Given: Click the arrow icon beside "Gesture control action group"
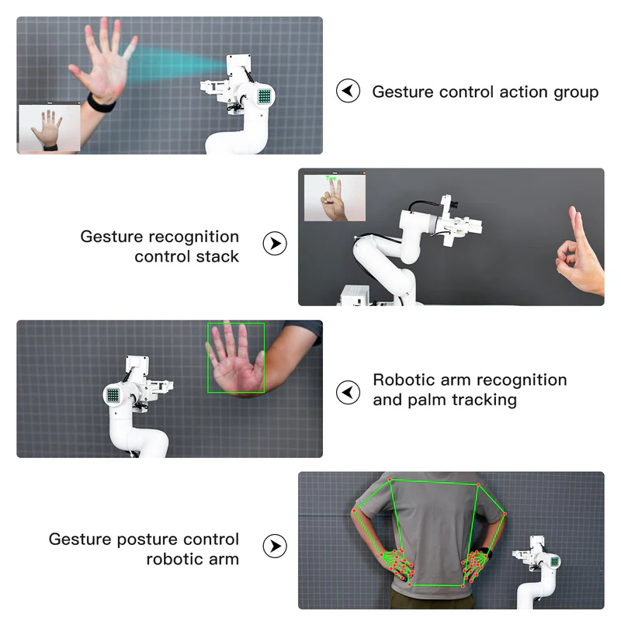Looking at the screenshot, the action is click(x=348, y=91).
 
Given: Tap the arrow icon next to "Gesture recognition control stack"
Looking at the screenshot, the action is click(x=275, y=243).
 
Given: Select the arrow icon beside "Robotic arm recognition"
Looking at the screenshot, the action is click(x=348, y=393).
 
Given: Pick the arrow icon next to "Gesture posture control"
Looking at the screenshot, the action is click(x=275, y=546).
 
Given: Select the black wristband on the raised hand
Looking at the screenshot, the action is click(x=102, y=104).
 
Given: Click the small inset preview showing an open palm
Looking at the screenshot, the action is click(x=50, y=127).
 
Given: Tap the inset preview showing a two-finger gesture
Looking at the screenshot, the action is click(x=335, y=198).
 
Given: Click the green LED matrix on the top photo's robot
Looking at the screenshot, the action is click(x=265, y=95).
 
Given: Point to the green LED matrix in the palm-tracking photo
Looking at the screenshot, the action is click(x=113, y=395).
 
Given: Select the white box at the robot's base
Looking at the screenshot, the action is click(x=355, y=295).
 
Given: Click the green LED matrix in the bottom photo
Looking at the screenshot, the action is click(x=554, y=561).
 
